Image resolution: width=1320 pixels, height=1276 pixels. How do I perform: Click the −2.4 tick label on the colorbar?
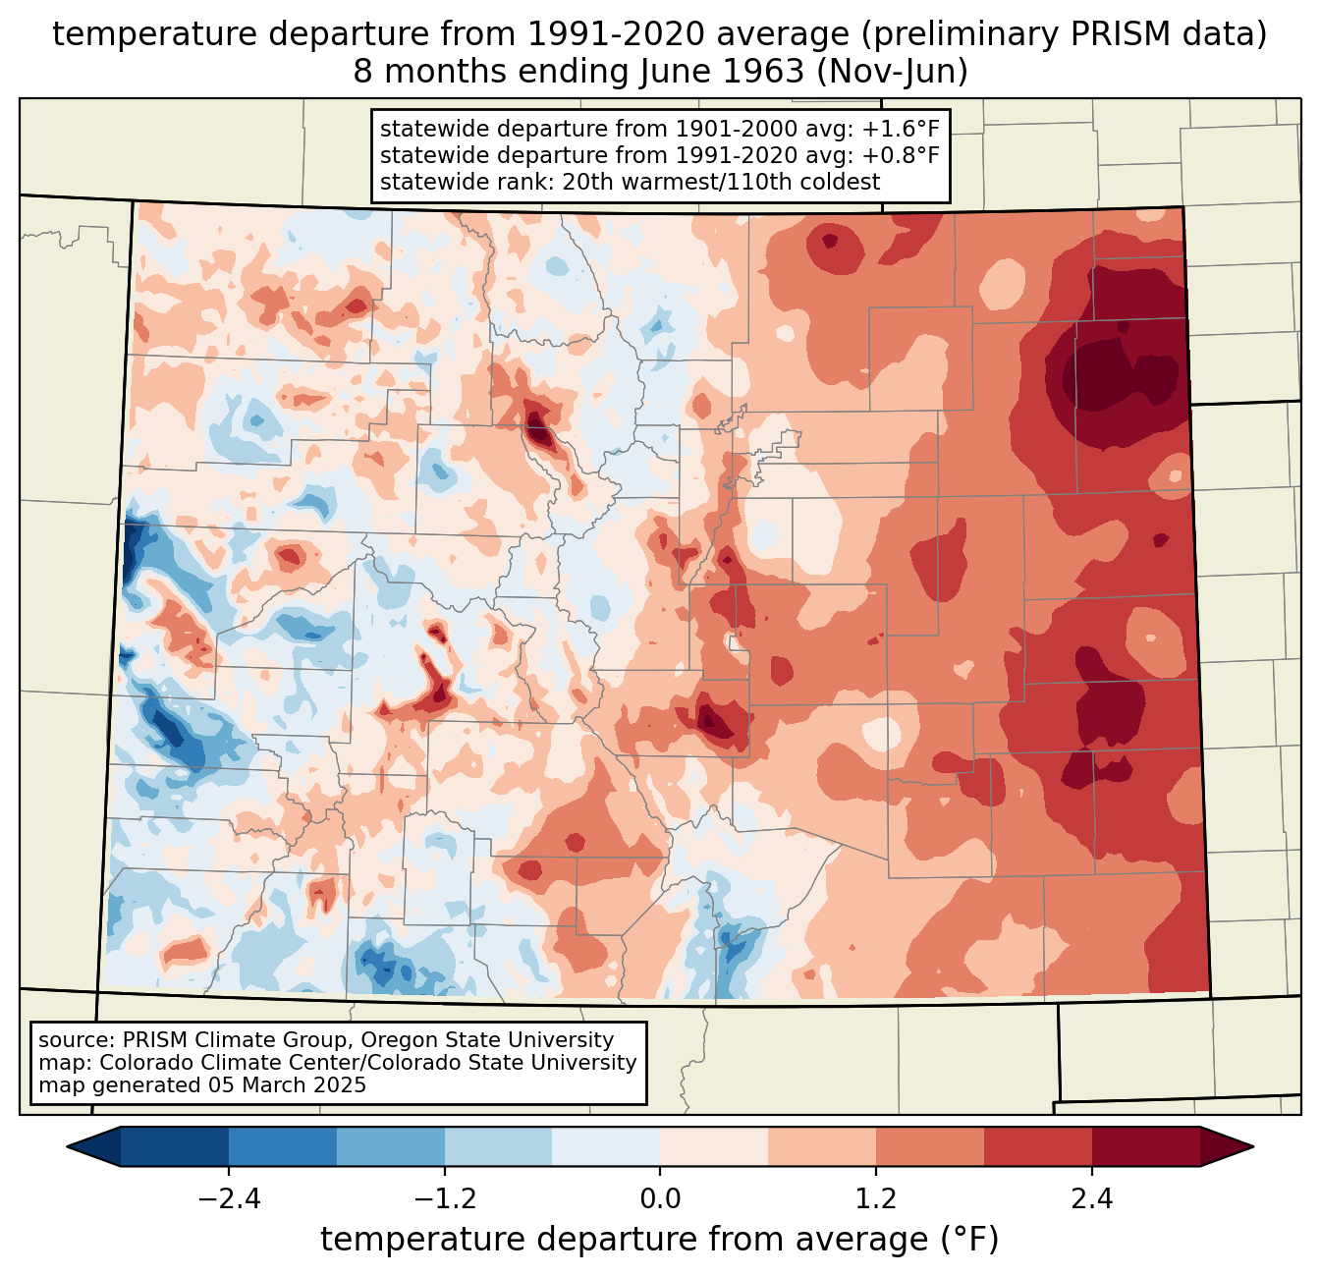click(229, 1199)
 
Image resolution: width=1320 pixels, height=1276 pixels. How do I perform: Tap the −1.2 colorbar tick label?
click(444, 1199)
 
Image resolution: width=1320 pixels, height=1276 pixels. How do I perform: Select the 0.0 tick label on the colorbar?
click(660, 1199)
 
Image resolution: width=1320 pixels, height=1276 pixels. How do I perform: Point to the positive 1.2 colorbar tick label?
click(876, 1199)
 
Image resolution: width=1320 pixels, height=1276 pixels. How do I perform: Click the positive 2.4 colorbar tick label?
click(1091, 1199)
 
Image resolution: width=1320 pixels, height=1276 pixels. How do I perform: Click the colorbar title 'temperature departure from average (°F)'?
click(659, 1240)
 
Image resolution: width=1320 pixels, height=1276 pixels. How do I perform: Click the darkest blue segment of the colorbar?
click(175, 1146)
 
